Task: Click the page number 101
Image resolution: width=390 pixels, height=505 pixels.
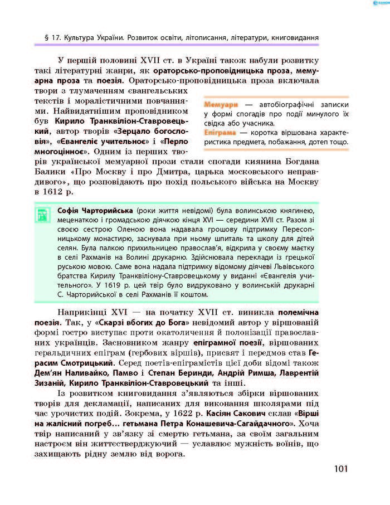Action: (340, 468)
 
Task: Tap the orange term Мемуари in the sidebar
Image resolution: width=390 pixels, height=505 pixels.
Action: (221, 104)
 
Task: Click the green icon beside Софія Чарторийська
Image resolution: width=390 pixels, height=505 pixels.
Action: (42, 215)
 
